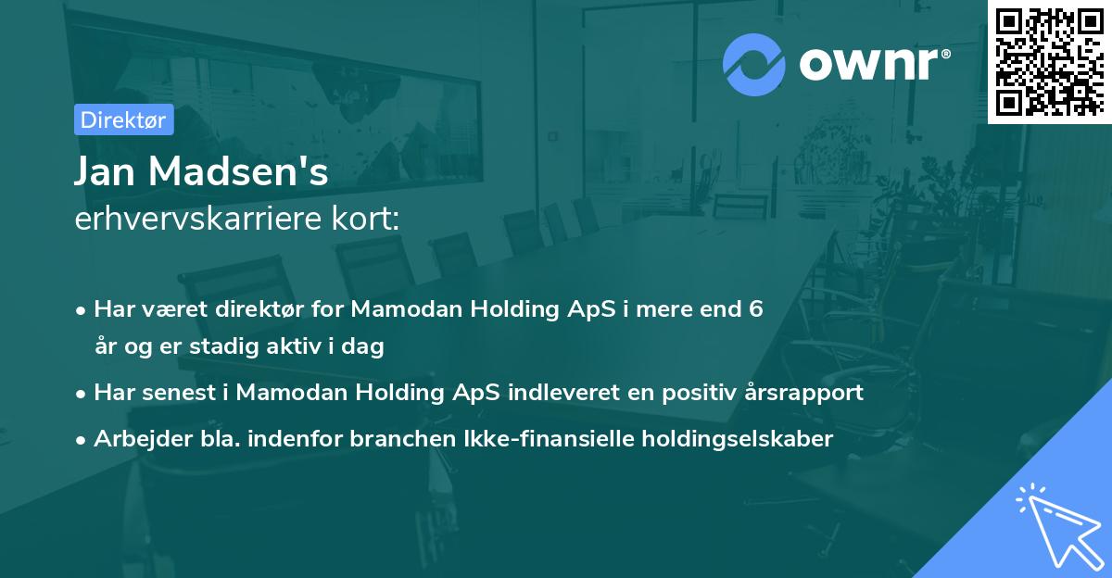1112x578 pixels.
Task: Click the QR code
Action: coord(1050,61)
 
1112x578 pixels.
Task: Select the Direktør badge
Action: coord(123,119)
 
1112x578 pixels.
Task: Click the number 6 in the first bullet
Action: coord(757,309)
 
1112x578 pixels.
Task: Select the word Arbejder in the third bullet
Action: coord(135,438)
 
